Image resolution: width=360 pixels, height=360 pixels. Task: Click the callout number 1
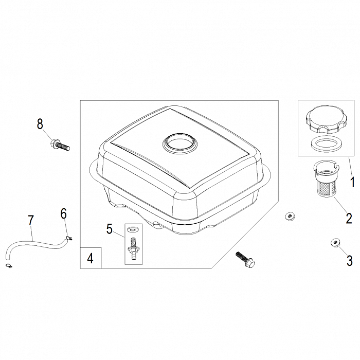click(x=352, y=182)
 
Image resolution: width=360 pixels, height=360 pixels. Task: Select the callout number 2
click(x=349, y=218)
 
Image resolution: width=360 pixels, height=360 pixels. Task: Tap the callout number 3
click(x=349, y=261)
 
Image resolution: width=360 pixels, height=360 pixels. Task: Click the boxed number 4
click(x=91, y=258)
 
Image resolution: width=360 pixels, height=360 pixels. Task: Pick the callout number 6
click(x=64, y=214)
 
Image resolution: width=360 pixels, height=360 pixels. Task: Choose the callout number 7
click(x=31, y=221)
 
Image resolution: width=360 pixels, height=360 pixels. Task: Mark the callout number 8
click(x=40, y=124)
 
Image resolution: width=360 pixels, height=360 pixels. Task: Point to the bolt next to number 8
click(x=60, y=146)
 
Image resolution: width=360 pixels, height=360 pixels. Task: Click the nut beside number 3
click(x=335, y=242)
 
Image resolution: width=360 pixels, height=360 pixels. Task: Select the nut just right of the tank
click(x=290, y=216)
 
